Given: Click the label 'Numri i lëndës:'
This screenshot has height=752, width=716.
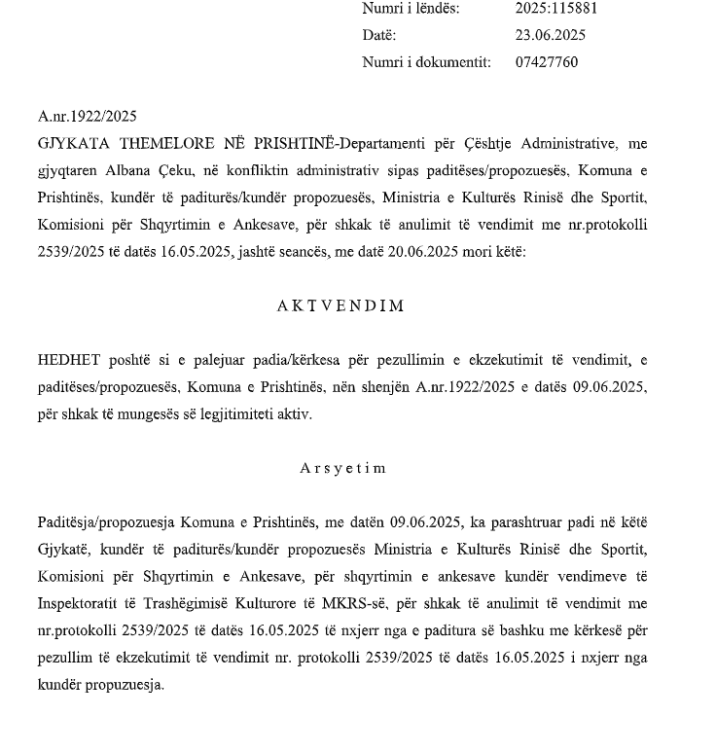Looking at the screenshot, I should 411,9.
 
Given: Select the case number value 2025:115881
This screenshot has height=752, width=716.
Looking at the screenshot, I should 555,9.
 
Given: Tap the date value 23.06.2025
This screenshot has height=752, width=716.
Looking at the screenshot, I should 550,35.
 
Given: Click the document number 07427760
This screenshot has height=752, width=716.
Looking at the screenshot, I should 546,62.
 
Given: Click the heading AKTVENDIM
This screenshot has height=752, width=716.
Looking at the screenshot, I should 341,305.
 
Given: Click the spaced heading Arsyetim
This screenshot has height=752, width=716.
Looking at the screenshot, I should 342,468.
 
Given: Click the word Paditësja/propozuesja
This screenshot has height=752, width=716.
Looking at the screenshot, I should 106,522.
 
